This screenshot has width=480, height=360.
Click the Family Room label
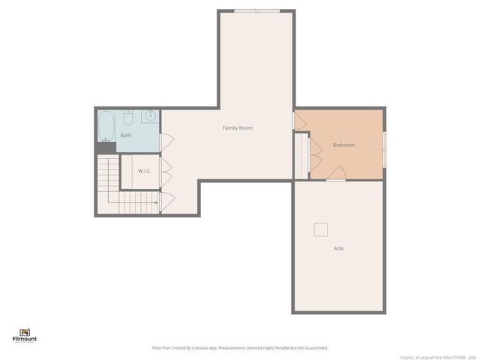[x=237, y=128]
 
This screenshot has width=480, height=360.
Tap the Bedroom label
[x=343, y=145]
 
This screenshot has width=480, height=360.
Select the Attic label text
[x=339, y=248]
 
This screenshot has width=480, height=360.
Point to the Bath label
[x=126, y=136]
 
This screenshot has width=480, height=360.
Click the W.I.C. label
[x=145, y=171]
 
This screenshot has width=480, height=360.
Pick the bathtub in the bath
[x=106, y=126]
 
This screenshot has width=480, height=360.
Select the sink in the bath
[x=150, y=115]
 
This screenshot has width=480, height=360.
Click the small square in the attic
[x=321, y=229]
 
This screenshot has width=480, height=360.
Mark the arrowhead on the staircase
[x=156, y=202]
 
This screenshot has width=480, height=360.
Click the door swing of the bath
[x=167, y=140]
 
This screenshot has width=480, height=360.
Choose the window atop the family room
[x=256, y=10]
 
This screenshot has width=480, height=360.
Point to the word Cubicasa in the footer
[x=199, y=348]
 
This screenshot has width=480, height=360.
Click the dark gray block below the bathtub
[x=106, y=148]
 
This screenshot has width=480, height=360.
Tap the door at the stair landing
[x=167, y=199]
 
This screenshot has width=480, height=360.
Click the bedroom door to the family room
[x=299, y=121]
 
